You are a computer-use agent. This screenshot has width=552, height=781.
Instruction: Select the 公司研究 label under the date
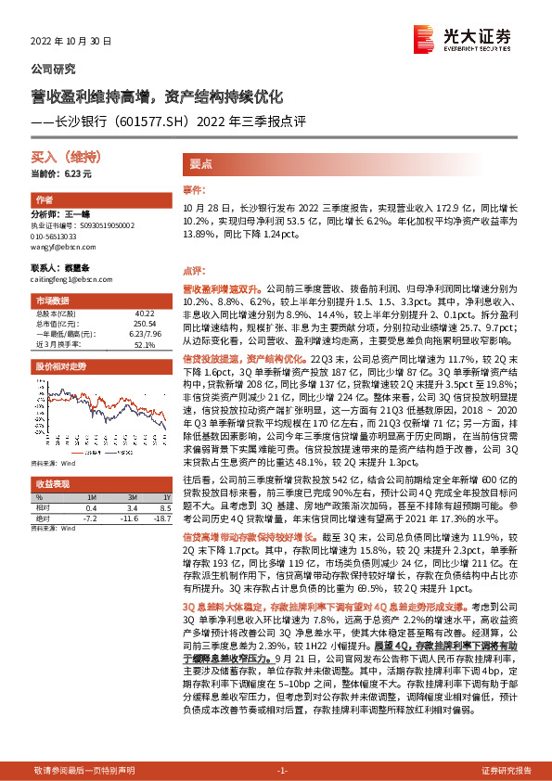[54, 69]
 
